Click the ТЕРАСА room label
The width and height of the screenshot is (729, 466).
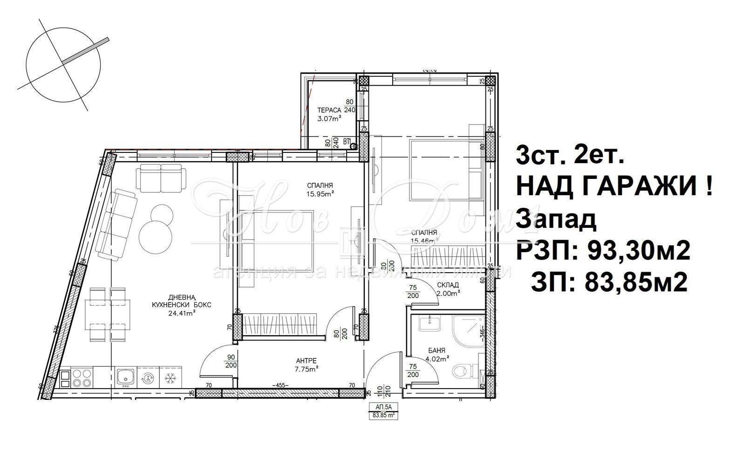[x=329, y=110]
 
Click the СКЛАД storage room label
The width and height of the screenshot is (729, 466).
[x=448, y=285]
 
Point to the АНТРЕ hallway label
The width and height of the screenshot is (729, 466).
[x=307, y=360]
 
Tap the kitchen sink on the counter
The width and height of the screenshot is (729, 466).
[x=125, y=376]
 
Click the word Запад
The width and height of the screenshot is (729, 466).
[x=556, y=220]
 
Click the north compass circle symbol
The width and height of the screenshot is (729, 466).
[x=63, y=62]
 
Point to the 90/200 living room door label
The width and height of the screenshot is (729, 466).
[x=230, y=361]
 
